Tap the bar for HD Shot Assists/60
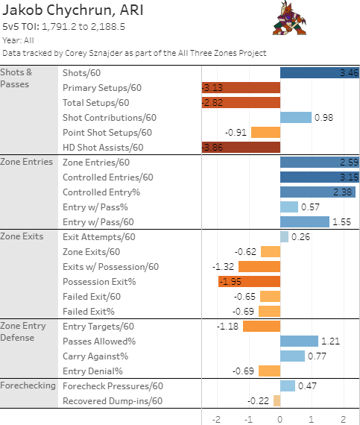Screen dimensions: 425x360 (241, 147)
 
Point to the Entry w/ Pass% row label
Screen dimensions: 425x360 (95, 207)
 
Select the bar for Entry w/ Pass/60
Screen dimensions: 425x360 (304, 221)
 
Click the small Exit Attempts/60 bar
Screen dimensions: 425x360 (284, 236)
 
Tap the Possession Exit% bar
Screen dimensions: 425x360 (249, 281)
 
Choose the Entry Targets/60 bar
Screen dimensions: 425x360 (261, 326)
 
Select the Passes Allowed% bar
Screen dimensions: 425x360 (299, 341)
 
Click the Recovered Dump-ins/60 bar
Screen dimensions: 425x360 (277, 400)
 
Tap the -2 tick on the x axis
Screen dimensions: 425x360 (216, 418)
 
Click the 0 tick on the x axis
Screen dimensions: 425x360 (280, 418)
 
